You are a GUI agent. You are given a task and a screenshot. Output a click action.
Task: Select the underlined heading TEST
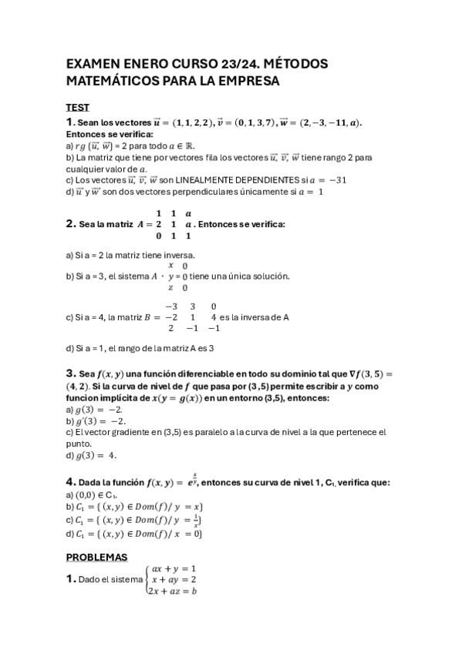tap(77, 108)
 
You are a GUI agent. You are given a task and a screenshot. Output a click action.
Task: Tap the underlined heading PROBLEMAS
tap(96, 557)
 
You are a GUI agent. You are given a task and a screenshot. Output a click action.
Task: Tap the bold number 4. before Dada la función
tap(70, 482)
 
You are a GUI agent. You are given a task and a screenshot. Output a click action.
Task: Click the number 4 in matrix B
tap(221, 317)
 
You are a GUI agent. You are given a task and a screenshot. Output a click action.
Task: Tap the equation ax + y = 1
tap(174, 568)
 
